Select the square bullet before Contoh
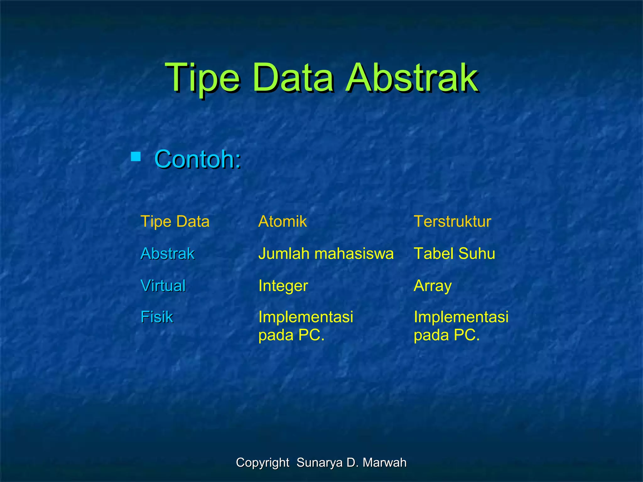(136, 156)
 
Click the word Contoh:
(198, 159)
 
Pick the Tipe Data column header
(175, 222)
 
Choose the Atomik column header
(282, 222)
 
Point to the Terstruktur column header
(452, 222)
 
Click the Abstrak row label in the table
(167, 254)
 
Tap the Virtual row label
(163, 286)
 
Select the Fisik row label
(157, 317)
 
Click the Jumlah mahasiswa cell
(326, 254)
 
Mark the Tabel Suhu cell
(454, 254)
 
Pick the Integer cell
(283, 286)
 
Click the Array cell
(432, 286)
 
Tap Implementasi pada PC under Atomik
(305, 326)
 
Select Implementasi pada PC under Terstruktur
(461, 326)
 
